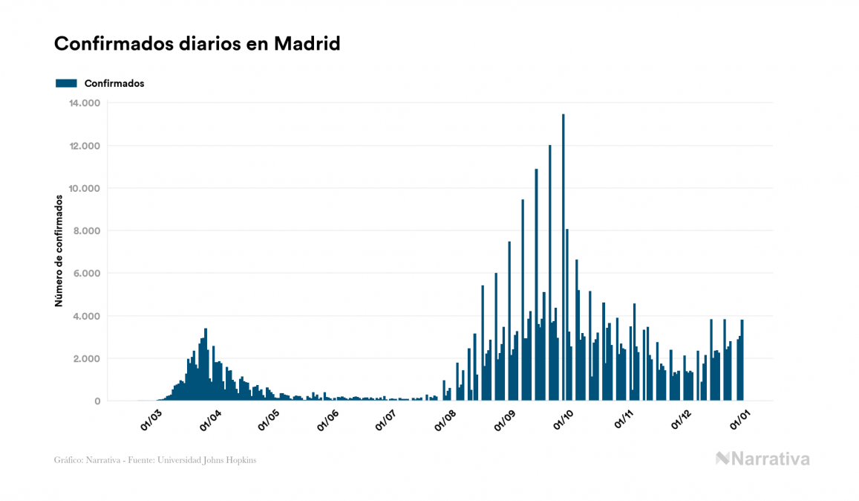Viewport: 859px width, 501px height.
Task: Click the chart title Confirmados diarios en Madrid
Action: coord(197,44)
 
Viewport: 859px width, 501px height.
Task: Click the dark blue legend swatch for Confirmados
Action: coord(66,83)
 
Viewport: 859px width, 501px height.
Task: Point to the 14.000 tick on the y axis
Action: coord(85,103)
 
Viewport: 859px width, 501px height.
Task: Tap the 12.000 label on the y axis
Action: coord(85,146)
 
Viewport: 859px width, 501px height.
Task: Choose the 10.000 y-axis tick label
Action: coord(85,188)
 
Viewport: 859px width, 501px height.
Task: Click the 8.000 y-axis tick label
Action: coord(88,231)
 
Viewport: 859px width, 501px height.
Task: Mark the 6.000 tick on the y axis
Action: coord(88,274)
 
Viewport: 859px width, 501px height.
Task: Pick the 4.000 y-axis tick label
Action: coord(88,316)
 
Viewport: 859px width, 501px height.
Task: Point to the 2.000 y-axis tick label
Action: coord(88,359)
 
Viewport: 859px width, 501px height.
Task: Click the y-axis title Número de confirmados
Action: coord(58,251)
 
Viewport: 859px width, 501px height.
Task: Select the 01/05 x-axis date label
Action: coord(268,419)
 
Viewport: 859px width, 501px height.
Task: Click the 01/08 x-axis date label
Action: coord(445,419)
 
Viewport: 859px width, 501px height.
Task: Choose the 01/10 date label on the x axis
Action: coord(563,419)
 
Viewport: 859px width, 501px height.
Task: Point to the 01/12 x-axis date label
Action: coord(681,419)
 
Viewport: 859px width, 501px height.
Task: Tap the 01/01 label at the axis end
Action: coord(739,419)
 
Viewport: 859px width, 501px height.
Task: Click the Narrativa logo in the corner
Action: coord(762,459)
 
